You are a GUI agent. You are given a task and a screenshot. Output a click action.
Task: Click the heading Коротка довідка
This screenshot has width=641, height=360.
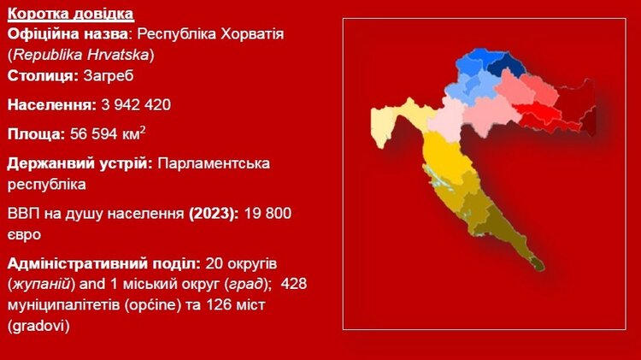click(70, 14)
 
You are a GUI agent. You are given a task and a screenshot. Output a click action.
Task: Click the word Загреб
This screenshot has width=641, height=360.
click(109, 76)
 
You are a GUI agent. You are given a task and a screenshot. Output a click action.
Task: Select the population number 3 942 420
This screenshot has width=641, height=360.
click(136, 104)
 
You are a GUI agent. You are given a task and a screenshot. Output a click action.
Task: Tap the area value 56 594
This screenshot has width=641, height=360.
click(92, 133)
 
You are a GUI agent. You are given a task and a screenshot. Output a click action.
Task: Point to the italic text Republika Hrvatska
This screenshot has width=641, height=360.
click(81, 55)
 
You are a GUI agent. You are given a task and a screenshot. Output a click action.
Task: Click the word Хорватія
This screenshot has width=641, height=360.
click(252, 33)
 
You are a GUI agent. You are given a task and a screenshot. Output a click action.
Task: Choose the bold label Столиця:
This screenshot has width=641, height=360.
click(43, 76)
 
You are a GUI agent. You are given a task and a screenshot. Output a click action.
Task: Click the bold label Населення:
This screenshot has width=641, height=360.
click(52, 104)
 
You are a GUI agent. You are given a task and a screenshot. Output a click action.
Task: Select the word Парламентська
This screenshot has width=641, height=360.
click(214, 163)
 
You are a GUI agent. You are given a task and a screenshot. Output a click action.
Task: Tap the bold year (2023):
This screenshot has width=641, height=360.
click(214, 213)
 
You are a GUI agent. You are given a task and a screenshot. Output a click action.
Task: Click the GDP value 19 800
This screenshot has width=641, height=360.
click(268, 213)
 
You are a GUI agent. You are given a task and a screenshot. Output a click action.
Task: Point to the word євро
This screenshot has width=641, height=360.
click(24, 235)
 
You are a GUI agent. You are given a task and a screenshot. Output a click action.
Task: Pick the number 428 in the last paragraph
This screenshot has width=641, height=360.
click(294, 284)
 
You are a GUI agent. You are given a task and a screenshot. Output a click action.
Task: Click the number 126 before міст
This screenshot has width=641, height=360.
click(219, 304)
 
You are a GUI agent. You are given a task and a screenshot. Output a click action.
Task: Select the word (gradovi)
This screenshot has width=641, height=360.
click(38, 326)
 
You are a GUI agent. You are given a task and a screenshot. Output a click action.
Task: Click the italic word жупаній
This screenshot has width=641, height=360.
click(41, 284)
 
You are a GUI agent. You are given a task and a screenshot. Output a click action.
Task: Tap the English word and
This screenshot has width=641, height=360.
click(93, 284)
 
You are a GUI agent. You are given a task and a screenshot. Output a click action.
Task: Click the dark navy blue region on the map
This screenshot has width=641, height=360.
click(507, 66)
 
